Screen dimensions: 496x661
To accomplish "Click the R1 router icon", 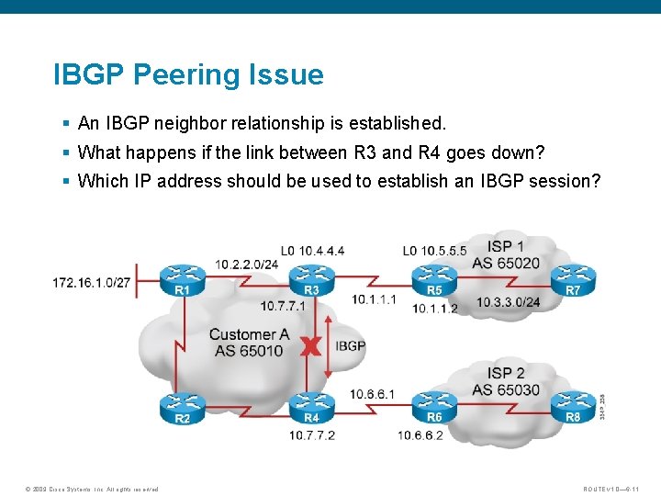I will coord(183,276).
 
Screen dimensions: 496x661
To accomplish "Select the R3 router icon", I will coord(312,276).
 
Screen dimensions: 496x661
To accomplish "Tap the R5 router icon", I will coord(434,276).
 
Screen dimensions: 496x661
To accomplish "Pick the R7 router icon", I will coord(573,276).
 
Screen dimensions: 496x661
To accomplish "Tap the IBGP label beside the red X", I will coord(350,346).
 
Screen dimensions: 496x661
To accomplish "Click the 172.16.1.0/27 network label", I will coord(91,283).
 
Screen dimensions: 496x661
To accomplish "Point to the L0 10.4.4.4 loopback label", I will coord(313,250).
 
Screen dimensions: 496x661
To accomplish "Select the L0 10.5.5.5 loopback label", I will coord(434,250).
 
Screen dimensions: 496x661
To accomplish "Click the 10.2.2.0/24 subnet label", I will coord(247,264).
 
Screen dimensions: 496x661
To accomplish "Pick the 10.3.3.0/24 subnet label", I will coord(508,302).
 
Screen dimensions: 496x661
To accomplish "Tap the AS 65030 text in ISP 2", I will coord(507,389).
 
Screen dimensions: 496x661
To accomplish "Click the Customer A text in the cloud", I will coord(249,334).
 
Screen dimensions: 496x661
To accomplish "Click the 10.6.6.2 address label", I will coord(420,435).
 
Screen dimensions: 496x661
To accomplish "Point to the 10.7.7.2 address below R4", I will coord(312,435).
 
